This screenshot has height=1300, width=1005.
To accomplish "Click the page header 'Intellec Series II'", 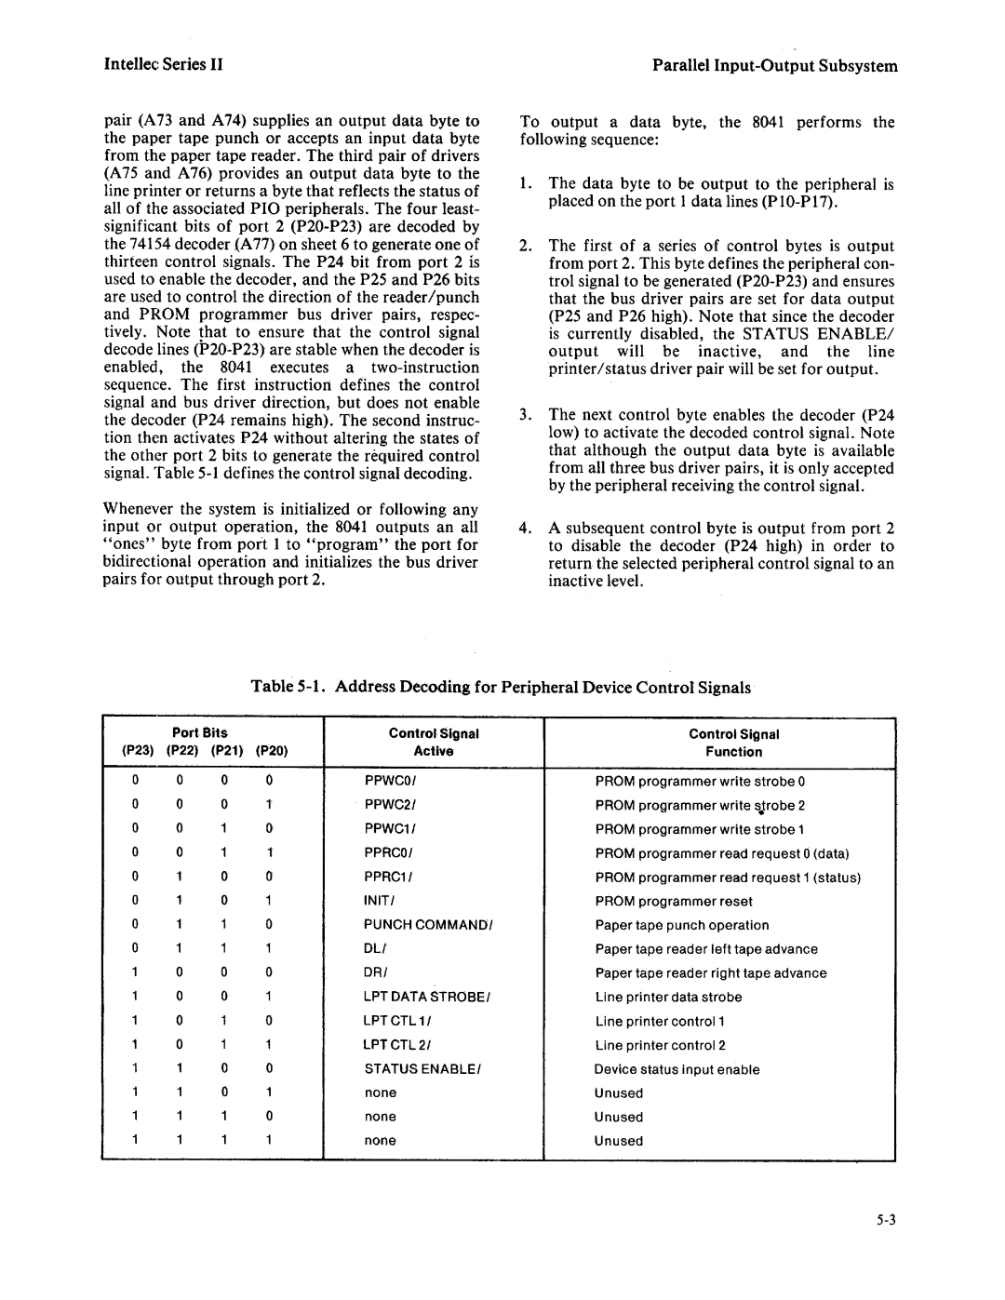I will coord(163,65).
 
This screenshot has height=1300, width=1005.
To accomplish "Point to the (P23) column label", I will coord(136,752).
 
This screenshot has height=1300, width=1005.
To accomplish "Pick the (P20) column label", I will coord(269,752).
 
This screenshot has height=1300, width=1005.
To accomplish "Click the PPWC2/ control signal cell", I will coord(389,805).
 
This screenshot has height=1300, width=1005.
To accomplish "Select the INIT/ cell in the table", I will coord(381,901).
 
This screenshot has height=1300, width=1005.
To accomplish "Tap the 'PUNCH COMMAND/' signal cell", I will coord(427,925).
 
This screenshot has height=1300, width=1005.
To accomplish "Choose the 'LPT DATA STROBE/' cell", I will coord(426,997).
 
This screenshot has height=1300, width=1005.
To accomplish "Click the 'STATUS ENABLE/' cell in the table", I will coord(422,1069).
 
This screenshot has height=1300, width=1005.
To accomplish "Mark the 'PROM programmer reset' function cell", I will coord(674,901).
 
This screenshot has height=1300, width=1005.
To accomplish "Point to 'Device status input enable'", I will coord(677,1069).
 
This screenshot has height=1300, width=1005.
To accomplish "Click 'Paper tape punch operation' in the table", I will coord(682,925).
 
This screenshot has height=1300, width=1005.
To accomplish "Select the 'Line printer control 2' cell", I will coord(660,1045).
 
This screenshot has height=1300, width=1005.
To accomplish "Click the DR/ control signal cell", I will coord(375,973).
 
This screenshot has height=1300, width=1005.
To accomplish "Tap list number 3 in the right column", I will coord(525,415).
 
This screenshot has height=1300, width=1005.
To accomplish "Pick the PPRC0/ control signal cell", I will coord(389,853).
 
